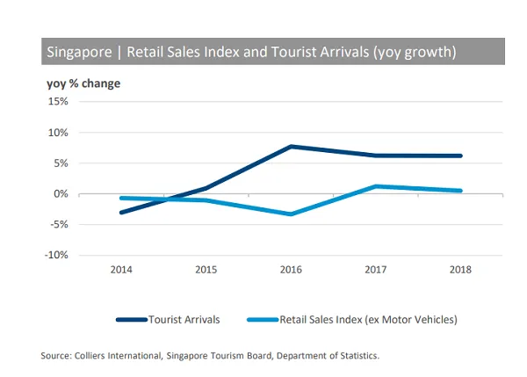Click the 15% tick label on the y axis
click(57, 102)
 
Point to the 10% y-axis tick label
click(57, 133)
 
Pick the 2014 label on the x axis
click(121, 270)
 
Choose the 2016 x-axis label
click(291, 270)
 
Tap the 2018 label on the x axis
click(460, 270)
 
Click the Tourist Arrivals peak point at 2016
click(291, 147)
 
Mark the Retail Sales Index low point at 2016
click(291, 214)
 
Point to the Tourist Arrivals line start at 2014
click(121, 213)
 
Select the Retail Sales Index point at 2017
click(376, 186)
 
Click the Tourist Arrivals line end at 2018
click(460, 156)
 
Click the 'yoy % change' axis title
click(83, 83)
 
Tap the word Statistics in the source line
click(356, 356)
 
